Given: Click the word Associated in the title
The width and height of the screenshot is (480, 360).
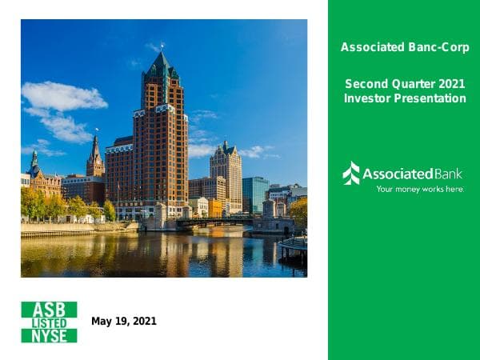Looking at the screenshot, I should [x=369, y=47].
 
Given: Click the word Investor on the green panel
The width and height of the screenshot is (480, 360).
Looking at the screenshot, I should [x=366, y=98].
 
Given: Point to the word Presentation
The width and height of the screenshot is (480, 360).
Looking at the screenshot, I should [x=430, y=98].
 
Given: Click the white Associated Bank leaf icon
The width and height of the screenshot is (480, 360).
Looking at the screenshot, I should [x=351, y=174].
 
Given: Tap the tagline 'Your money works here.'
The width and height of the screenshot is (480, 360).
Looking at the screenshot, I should [x=420, y=190].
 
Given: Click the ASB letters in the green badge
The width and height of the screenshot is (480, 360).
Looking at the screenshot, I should [x=49, y=309].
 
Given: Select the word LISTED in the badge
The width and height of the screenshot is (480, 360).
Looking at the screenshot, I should [x=49, y=322].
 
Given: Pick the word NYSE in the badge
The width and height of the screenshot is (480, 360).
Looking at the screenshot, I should [x=49, y=336].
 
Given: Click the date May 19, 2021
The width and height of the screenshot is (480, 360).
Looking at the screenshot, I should [x=124, y=322].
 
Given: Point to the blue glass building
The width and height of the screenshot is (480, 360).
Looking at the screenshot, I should [x=255, y=194].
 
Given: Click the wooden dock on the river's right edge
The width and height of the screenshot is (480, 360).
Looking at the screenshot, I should [x=294, y=246].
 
